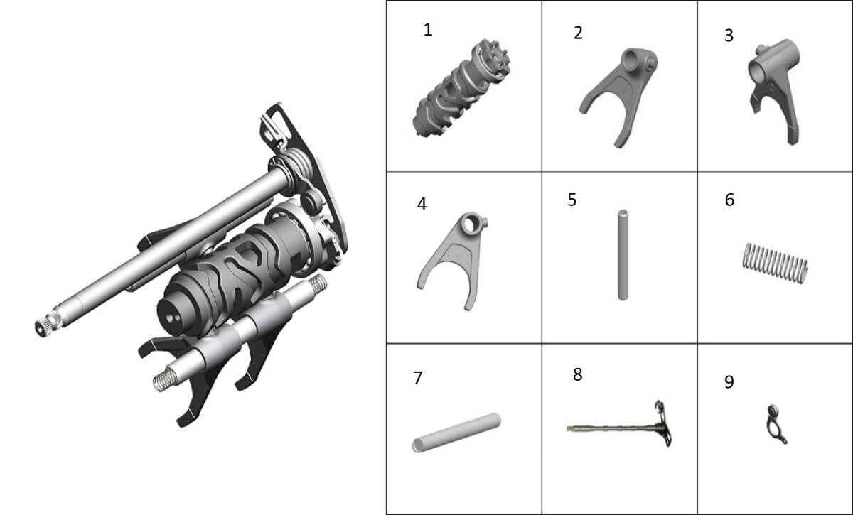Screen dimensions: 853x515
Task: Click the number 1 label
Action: point(428,30)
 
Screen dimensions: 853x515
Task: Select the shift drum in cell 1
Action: point(461,88)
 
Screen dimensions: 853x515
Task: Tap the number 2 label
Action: point(578,33)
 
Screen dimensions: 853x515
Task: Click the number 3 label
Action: point(729,36)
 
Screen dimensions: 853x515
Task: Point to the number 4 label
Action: point(422,204)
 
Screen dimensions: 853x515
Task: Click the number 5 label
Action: point(572,200)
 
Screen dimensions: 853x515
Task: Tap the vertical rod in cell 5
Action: point(623,255)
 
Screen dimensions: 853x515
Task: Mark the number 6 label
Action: point(729,200)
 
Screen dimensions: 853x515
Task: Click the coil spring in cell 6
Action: point(775,264)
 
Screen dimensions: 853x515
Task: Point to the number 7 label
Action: point(418,378)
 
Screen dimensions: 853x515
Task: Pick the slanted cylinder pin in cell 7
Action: point(456,433)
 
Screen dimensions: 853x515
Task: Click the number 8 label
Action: point(578,374)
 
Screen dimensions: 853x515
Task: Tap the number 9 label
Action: point(729,381)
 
